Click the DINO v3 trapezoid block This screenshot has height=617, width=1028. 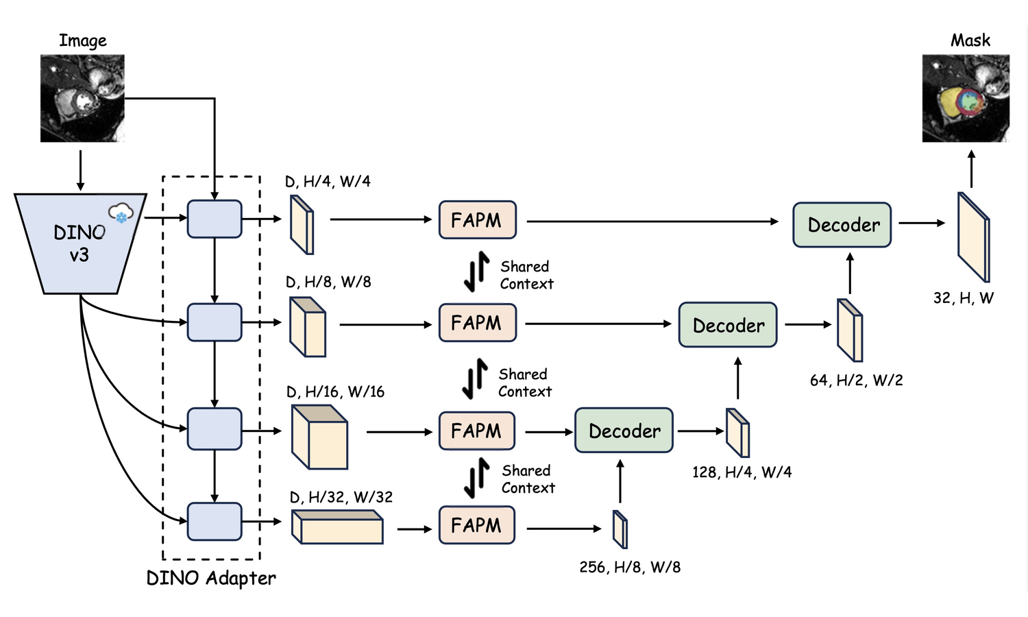coord(79,243)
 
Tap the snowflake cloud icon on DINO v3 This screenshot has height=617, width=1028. coord(121,213)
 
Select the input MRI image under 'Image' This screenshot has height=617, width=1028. coord(82,99)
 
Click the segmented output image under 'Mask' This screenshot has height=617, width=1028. coord(965,99)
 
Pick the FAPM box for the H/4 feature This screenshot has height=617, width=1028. coord(477,220)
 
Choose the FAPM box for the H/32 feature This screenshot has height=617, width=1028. coord(477,525)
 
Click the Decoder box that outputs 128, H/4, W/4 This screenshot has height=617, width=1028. coord(624,431)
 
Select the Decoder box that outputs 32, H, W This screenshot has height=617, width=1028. coord(842,225)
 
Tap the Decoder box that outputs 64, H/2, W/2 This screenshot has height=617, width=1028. coord(728,325)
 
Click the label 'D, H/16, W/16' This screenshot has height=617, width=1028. coord(335,392)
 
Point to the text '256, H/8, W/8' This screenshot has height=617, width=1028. coord(630,567)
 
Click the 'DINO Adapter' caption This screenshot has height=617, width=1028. coord(211,579)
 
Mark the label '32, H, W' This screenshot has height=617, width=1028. coord(963,298)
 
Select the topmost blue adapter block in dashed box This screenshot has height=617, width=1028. coord(215,219)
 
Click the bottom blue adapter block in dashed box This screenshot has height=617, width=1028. coord(215,522)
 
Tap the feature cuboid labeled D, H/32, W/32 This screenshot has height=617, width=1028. coord(337,528)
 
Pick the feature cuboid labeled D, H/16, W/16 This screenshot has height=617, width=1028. coord(319,437)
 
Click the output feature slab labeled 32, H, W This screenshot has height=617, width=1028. coord(973,237)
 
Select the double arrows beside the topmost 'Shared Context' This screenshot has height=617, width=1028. coord(476,272)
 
